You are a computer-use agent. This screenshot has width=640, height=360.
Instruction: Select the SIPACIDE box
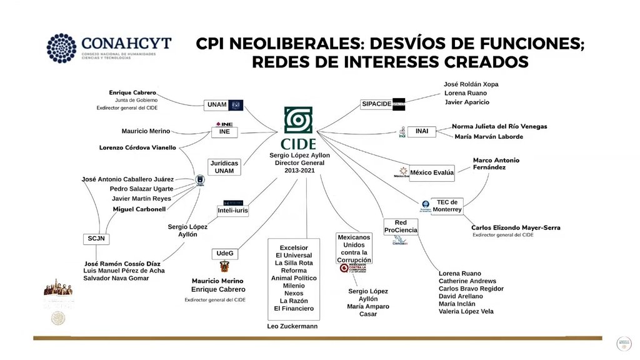point(376,104)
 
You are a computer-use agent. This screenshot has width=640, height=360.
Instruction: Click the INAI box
point(422,131)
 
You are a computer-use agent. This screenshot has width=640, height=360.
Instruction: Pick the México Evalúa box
point(431,172)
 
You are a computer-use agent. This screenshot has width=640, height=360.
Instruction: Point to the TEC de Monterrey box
point(447,206)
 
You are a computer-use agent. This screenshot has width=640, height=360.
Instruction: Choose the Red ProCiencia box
point(401,226)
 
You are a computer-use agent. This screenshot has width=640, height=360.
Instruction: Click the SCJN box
point(96,239)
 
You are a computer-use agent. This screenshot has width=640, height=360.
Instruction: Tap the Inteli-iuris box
point(232,211)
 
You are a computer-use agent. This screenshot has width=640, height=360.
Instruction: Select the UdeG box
point(224,253)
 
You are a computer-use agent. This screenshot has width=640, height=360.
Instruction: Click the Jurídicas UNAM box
point(224,167)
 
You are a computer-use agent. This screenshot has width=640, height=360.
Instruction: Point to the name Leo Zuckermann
point(292,326)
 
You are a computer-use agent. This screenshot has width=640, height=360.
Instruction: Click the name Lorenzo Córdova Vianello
point(137,148)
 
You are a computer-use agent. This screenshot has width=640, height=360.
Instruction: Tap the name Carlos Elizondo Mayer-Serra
point(516,227)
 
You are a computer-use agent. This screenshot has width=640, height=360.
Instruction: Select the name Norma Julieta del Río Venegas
point(499,126)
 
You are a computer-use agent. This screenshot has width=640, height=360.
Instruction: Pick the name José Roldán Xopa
point(471,84)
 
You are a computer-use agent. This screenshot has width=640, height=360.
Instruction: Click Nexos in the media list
point(293,293)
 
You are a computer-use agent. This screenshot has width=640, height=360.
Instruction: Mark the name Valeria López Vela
point(466,311)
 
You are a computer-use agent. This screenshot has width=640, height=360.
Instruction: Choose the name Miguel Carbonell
point(138,209)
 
